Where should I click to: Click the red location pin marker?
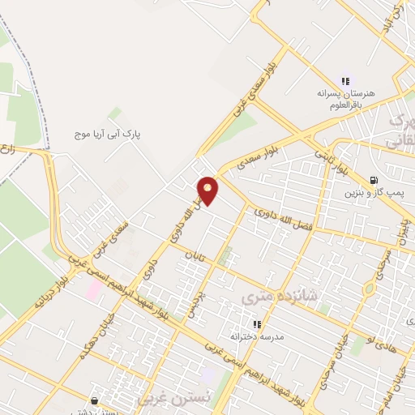click(208, 190)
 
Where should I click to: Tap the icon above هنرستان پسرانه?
click(345, 81)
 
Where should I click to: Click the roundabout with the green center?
click(370, 288)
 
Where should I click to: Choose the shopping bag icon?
click(95, 400)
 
